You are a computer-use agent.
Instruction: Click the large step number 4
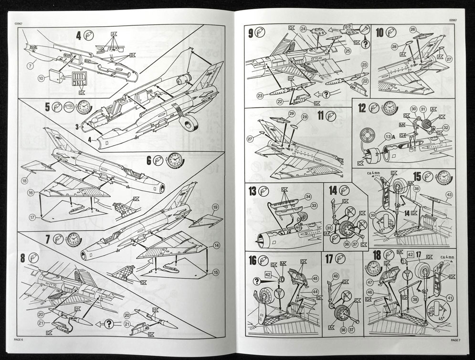pyautogui.click(x=78, y=35)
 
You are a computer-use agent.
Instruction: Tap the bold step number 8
pyautogui.click(x=23, y=258)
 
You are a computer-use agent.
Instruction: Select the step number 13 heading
pyautogui.click(x=252, y=191)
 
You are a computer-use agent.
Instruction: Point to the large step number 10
pyautogui.click(x=380, y=33)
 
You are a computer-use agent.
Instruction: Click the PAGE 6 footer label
pyautogui.click(x=19, y=339)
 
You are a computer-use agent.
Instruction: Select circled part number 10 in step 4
pyautogui.click(x=41, y=77)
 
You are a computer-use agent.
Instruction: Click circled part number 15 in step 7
pyautogui.click(x=216, y=272)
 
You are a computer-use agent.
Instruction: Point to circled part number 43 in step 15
pyautogui.click(x=449, y=195)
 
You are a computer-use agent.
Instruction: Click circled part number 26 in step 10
pyautogui.click(x=412, y=29)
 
